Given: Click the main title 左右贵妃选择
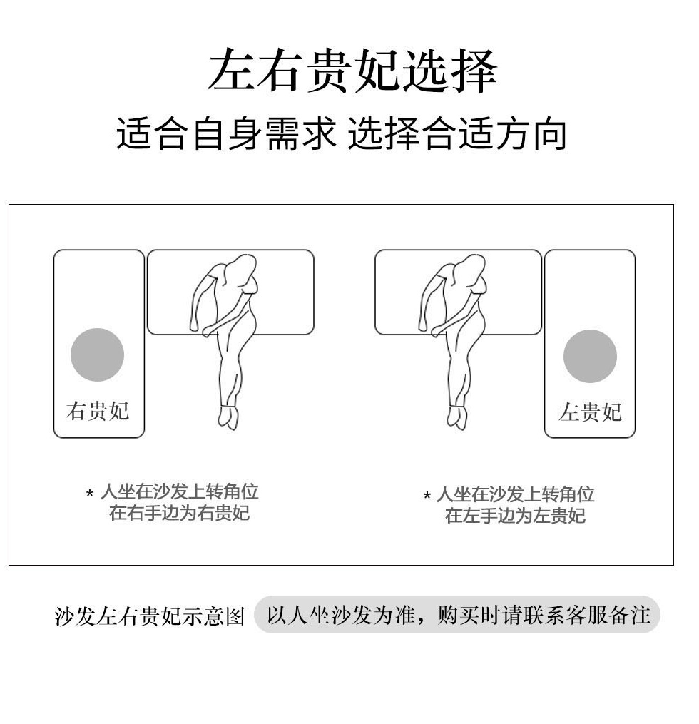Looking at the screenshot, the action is tap(353, 71).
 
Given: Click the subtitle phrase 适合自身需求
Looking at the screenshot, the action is tap(226, 133).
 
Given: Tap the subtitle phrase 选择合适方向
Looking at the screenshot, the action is tap(457, 133).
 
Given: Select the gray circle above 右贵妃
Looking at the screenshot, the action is tap(98, 355).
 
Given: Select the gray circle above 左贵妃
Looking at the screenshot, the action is tap(590, 356).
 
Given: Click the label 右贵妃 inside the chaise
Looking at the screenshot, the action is tap(98, 410).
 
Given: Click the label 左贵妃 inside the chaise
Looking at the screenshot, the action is tap(590, 412).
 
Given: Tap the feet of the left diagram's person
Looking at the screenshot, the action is tap(229, 416).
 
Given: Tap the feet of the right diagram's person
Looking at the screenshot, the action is tap(457, 416).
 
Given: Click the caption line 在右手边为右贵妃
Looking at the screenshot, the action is tap(179, 513).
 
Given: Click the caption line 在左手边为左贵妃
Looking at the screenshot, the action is tap(515, 515).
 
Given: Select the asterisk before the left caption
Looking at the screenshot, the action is tap(90, 494).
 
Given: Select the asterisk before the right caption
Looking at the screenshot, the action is tap(427, 496).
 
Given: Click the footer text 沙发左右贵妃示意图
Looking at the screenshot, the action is tap(150, 616).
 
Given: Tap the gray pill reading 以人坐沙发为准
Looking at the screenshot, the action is tap(457, 615).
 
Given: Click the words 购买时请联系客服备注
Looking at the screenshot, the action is tap(544, 615).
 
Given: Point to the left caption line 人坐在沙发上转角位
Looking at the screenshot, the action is tap(179, 491).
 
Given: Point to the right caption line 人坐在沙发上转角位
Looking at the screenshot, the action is tap(515, 494).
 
